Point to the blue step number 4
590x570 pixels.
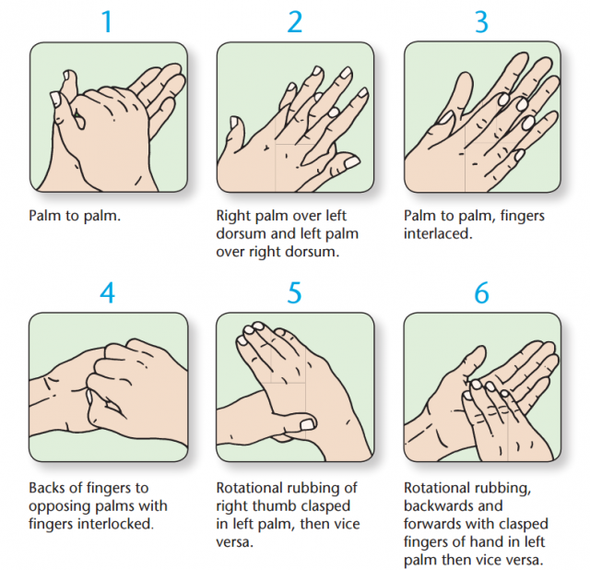click(107, 292)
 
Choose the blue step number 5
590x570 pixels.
click(295, 292)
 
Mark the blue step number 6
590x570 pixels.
click(481, 292)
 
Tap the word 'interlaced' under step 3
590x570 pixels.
click(435, 233)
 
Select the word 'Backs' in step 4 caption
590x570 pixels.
click(49, 488)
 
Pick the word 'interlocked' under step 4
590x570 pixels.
click(116, 524)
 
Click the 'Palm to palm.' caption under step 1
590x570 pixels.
click(74, 216)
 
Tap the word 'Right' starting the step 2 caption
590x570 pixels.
click(234, 216)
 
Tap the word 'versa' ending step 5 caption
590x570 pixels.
click(236, 541)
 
